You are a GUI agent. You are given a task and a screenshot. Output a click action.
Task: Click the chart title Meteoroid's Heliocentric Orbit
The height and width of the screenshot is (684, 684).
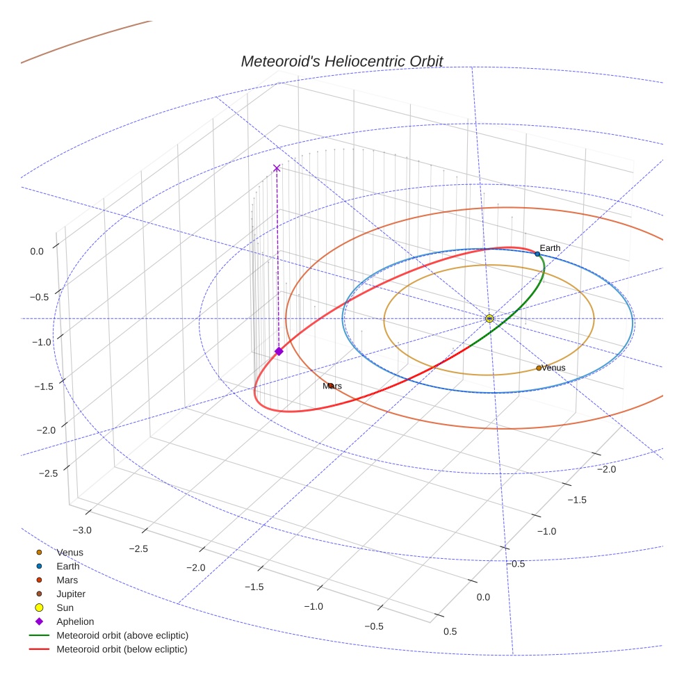(341, 61)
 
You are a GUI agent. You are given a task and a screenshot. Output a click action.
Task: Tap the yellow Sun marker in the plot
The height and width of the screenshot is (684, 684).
(489, 318)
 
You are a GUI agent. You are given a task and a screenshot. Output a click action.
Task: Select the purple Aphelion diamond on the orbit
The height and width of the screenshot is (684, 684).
(279, 352)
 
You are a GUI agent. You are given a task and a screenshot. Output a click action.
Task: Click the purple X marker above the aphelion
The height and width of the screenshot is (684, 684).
(277, 168)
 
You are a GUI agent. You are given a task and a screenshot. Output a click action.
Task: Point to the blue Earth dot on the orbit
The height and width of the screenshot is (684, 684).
(537, 254)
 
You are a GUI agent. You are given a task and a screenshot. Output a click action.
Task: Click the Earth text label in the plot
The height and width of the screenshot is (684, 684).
(550, 248)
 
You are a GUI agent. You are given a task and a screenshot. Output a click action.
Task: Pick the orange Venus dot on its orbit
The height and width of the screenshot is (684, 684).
(539, 368)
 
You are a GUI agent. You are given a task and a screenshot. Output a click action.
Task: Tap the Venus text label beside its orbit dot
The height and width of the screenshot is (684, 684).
(553, 368)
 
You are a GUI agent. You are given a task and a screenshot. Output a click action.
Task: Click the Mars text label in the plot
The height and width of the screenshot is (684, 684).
(332, 386)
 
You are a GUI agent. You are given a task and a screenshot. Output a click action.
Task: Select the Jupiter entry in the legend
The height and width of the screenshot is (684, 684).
(71, 594)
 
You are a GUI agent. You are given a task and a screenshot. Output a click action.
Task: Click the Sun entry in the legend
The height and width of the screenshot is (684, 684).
(65, 608)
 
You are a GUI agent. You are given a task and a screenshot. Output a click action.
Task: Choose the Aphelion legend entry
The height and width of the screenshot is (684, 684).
(75, 622)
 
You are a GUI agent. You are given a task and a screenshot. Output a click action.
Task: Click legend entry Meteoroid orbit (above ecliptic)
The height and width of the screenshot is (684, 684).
(122, 635)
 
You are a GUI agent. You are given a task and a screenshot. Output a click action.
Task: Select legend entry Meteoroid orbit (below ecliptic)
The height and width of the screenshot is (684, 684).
(122, 649)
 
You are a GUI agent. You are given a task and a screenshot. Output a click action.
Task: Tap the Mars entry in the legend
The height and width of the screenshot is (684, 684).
(67, 580)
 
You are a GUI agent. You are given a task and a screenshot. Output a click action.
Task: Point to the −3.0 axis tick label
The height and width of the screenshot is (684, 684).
(82, 530)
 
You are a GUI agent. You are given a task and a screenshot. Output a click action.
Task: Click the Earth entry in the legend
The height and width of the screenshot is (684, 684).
(68, 567)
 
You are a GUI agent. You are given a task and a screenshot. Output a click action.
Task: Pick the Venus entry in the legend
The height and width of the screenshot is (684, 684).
(70, 553)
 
